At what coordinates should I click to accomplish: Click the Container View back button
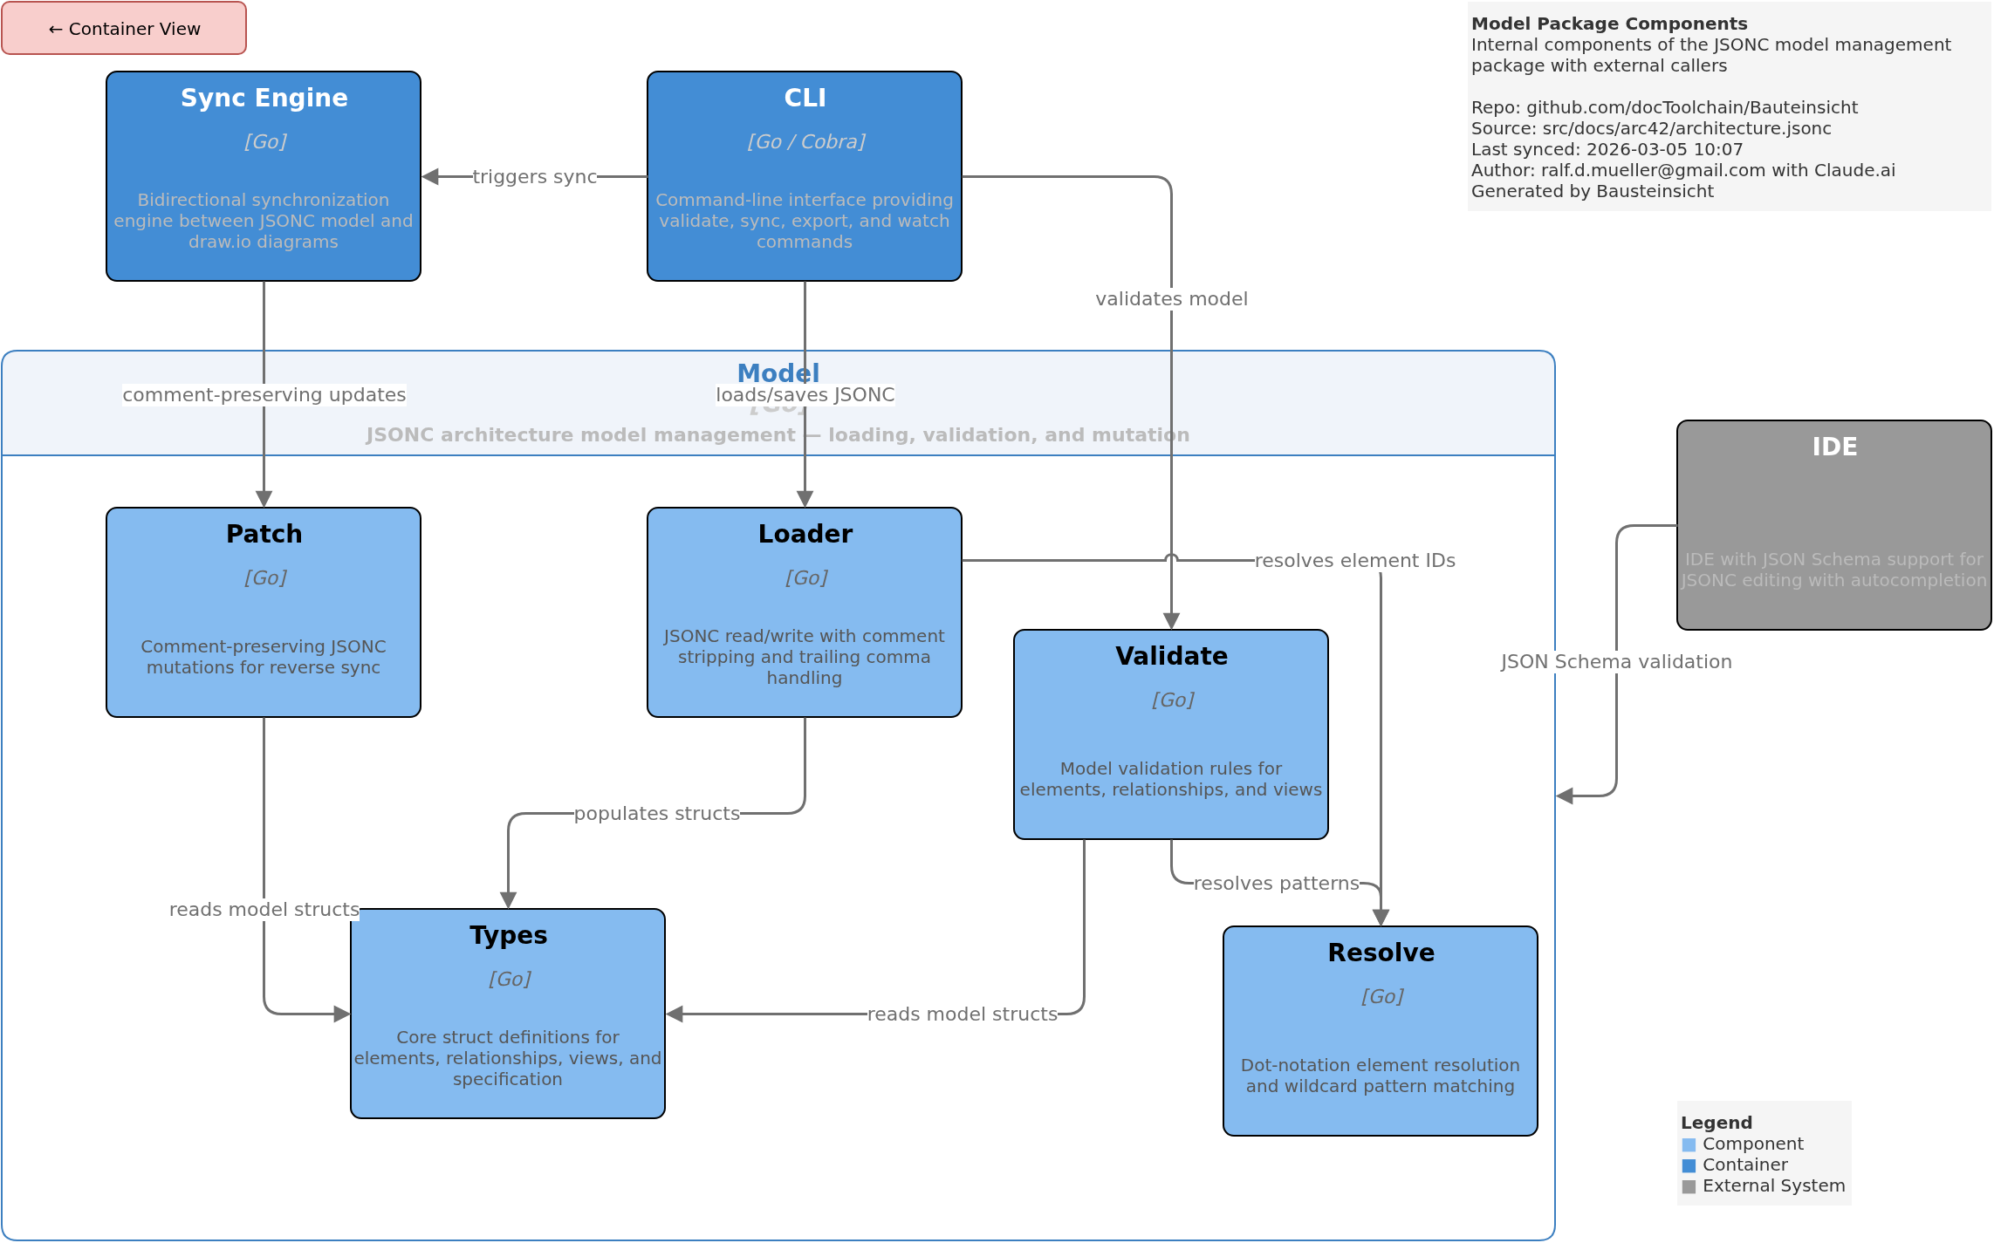124,29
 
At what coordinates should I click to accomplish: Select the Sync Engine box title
264,98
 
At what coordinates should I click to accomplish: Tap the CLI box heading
804,98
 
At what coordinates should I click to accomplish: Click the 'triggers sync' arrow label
534,177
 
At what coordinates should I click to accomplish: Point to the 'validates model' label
1171,299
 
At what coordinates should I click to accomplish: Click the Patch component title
264,534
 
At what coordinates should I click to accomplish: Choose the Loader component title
804,534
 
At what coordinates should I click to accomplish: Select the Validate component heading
1171,656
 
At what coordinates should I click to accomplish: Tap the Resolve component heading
1381,953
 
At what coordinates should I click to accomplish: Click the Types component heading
508,935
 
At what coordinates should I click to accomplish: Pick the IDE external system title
1833,447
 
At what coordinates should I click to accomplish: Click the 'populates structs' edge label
656,814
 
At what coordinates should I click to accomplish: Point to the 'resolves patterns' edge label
1276,884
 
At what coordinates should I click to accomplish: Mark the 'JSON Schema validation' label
1616,662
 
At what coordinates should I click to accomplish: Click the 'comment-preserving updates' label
264,395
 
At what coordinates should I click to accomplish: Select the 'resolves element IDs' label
1354,561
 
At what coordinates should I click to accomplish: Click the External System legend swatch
1689,1186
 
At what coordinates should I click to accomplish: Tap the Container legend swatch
1689,1165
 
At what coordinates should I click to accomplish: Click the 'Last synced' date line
1607,149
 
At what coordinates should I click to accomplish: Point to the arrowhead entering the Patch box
264,499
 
